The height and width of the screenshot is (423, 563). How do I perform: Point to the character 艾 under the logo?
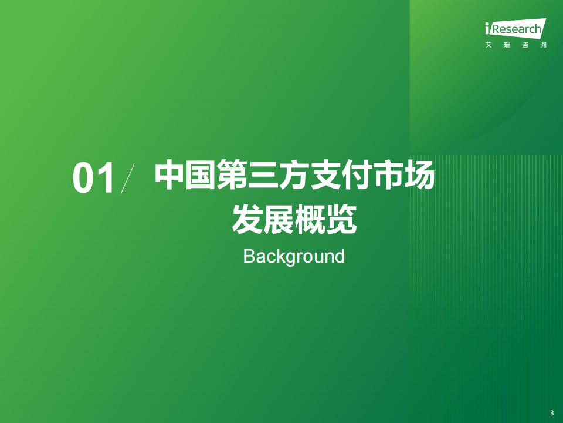point(489,45)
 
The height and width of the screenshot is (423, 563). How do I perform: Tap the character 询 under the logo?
point(543,45)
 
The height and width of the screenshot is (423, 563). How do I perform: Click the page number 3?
point(552,413)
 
